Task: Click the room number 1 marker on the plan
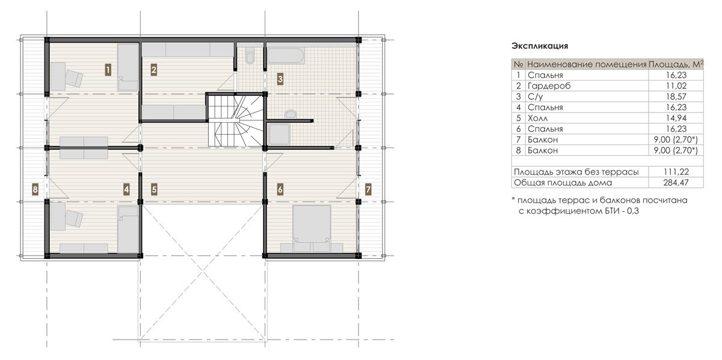point(108,70)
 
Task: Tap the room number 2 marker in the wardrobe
point(154,70)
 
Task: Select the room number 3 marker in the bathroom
point(280,79)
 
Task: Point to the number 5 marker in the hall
point(154,190)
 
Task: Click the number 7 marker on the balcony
point(368,190)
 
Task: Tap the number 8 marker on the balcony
point(35,190)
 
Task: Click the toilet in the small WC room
point(250,55)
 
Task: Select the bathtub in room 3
point(286,55)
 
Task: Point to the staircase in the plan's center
point(235,120)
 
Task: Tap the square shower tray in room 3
point(279,134)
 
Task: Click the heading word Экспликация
point(540,46)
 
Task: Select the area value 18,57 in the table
point(676,96)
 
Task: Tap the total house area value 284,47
point(676,182)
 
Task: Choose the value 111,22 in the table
point(676,172)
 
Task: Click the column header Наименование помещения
point(587,64)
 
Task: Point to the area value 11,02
point(676,86)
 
